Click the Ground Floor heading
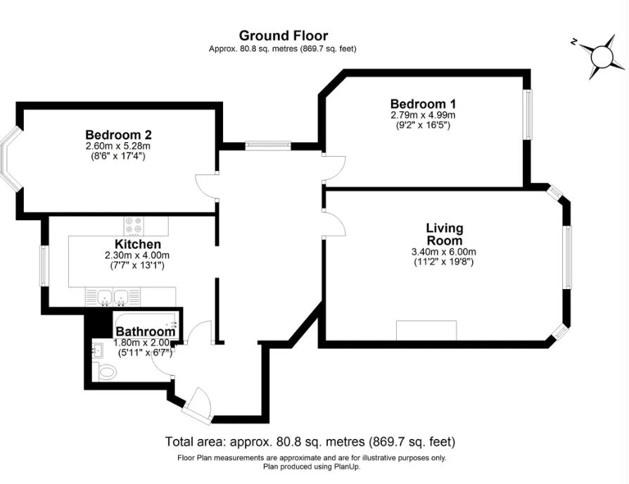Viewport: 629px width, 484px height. [284, 36]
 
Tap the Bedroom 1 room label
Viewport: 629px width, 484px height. [423, 104]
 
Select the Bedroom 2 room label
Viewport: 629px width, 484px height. [118, 134]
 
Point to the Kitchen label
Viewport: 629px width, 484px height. [138, 244]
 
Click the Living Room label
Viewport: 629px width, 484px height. [444, 234]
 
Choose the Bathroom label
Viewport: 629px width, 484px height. [145, 331]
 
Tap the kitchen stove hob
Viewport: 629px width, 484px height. [134, 225]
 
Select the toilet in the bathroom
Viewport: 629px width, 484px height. [106, 372]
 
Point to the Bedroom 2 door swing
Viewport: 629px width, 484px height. [205, 186]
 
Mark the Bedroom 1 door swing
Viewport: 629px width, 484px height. [335, 168]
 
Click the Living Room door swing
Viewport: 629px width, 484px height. [335, 224]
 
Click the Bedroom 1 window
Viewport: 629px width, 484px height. [528, 114]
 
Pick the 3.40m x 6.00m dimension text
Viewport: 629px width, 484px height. [444, 253]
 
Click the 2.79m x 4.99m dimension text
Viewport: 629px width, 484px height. [423, 115]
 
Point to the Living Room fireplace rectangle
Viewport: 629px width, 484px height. [426, 331]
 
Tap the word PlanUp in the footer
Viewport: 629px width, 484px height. [348, 466]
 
